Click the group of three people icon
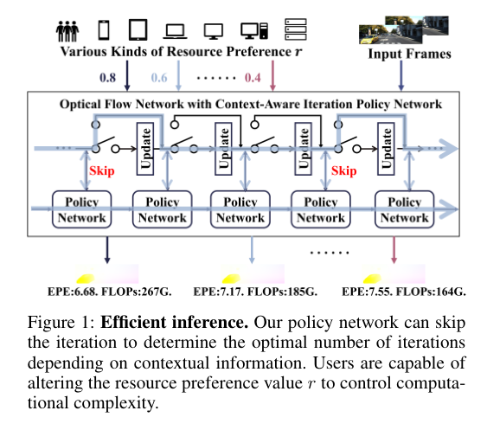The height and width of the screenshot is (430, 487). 67,31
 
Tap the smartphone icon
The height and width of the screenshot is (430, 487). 104,30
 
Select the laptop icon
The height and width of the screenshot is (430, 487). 176,31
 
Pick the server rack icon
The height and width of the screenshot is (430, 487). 296,29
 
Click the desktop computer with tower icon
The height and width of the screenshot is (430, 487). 254,31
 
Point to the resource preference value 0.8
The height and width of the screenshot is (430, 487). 107,77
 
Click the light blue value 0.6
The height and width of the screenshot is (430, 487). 159,77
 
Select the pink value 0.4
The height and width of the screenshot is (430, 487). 253,77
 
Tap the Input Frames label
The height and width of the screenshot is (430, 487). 409,54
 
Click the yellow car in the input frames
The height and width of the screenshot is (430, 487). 369,40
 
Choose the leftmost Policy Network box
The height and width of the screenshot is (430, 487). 81,209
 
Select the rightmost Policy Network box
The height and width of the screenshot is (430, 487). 404,209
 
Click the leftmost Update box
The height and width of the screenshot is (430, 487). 145,149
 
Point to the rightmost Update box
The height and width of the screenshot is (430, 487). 386,149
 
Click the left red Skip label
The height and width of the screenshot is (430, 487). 101,171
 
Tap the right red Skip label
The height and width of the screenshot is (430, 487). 343,171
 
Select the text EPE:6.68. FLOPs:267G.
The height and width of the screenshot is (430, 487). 109,292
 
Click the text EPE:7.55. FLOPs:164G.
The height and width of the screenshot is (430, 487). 404,292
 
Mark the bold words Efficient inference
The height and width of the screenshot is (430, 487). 174,322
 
